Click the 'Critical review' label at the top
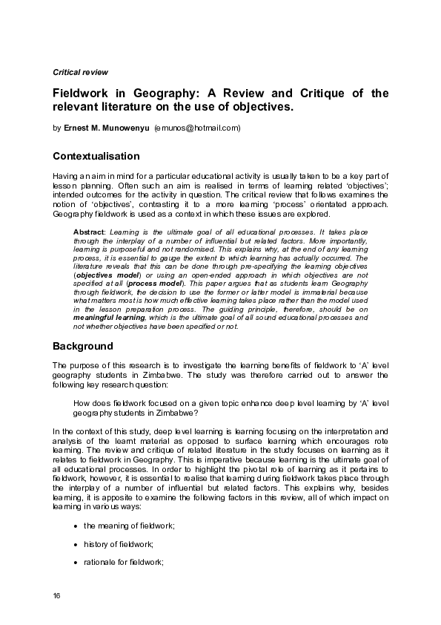[x=80, y=72]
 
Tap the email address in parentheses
[x=197, y=128]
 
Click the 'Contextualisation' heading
[x=96, y=157]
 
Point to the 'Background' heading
[x=83, y=346]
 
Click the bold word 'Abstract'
[x=89, y=232]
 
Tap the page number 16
[x=57, y=597]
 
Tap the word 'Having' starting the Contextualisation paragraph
[x=64, y=174]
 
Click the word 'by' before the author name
[x=57, y=128]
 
